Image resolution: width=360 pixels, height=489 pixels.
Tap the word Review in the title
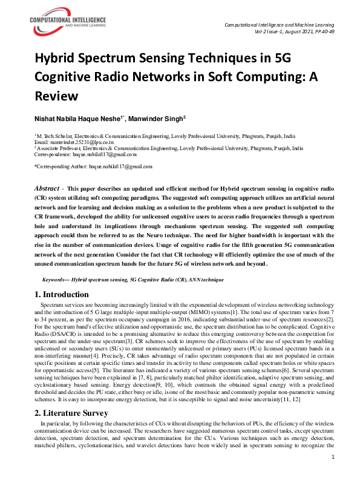click(x=57, y=96)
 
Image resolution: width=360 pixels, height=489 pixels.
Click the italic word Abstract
click(x=47, y=189)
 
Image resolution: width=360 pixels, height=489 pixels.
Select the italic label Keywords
click(x=55, y=280)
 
